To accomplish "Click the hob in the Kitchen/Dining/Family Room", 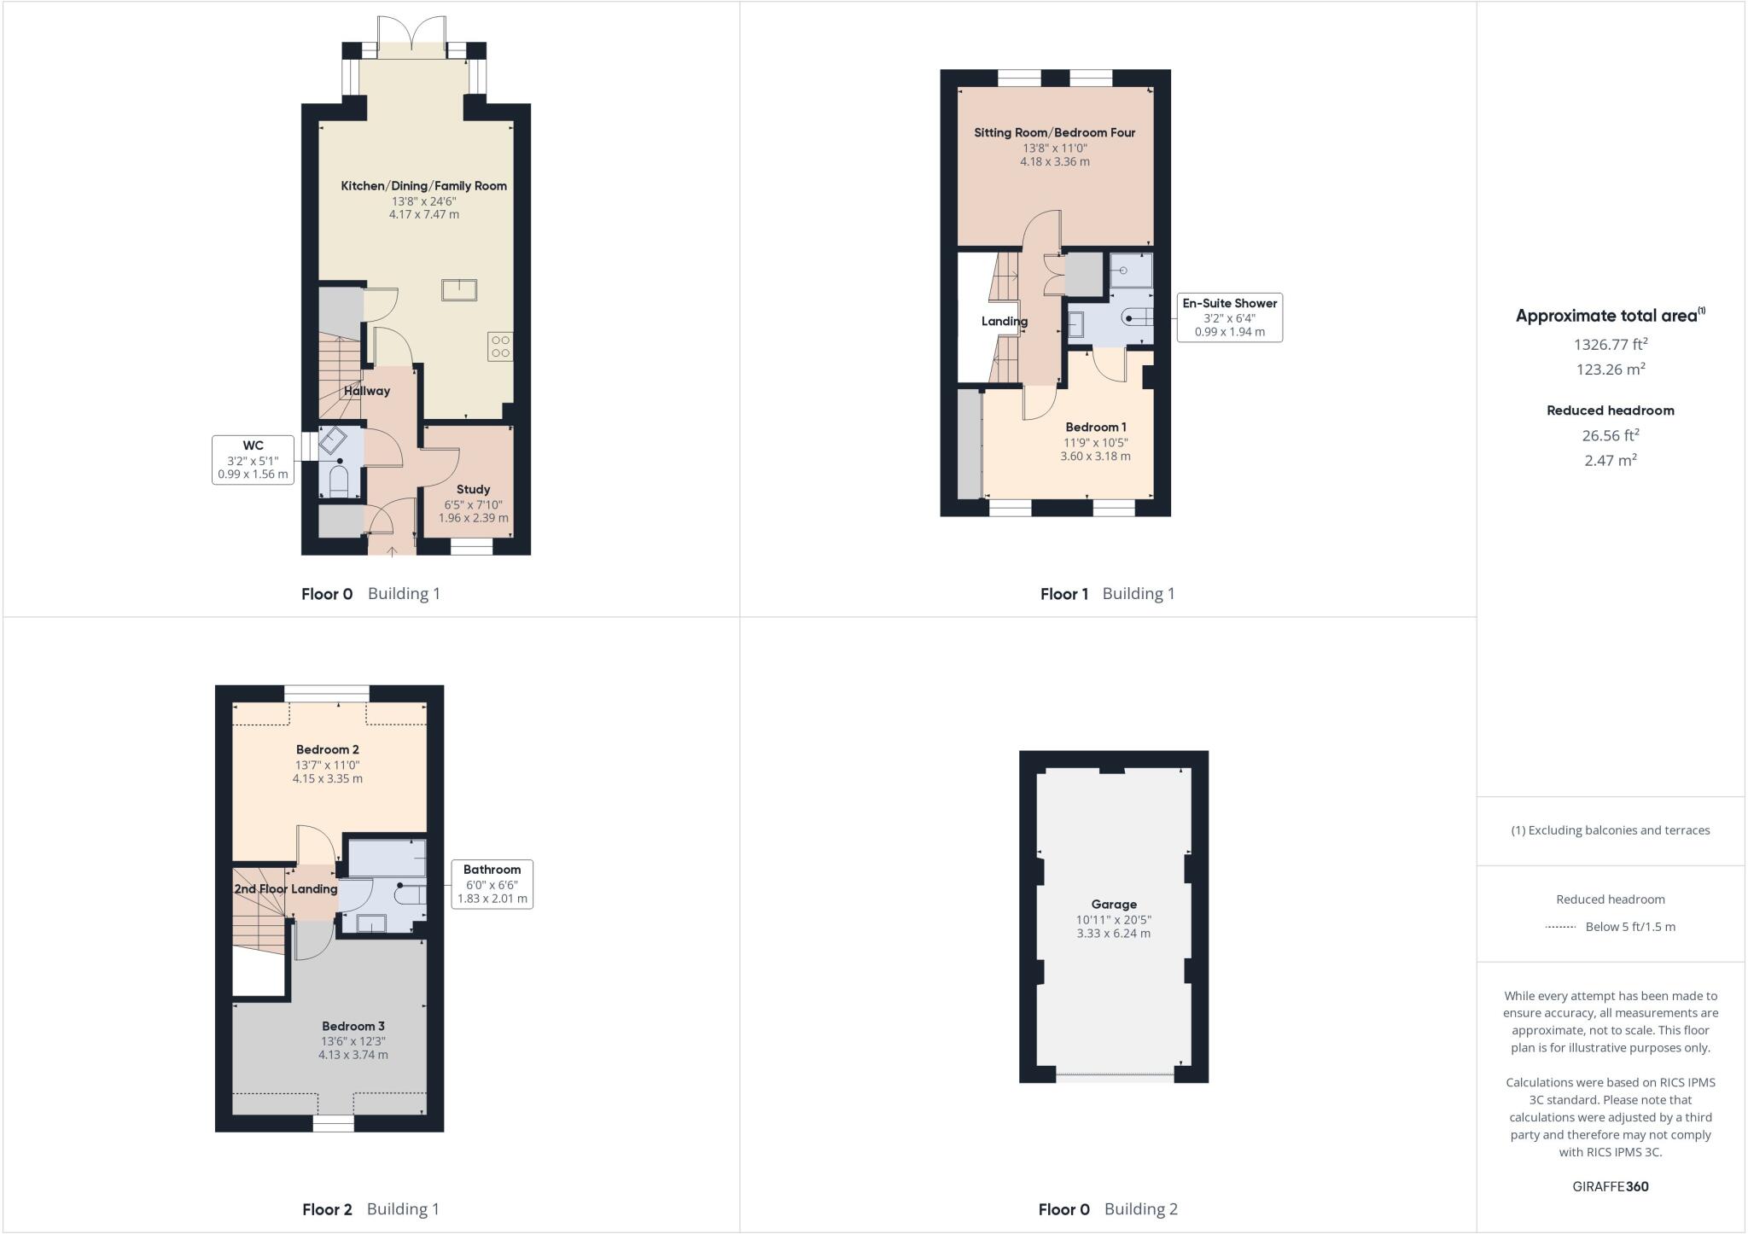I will click(x=500, y=346).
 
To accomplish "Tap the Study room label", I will click(x=473, y=489).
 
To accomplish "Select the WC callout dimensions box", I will click(x=253, y=460).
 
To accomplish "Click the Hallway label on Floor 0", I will click(x=366, y=391).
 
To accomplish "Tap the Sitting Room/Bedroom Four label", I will click(x=1055, y=132).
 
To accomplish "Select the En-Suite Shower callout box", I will click(x=1229, y=317).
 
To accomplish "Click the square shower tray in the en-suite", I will click(x=1131, y=271).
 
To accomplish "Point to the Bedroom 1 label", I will click(x=1096, y=427).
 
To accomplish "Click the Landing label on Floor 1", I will click(x=1004, y=322).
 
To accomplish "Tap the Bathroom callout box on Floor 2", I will click(x=492, y=884).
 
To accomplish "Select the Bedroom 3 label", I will click(x=353, y=1026).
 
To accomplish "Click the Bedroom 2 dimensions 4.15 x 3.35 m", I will click(x=328, y=778).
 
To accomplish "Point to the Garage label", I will click(x=1114, y=904).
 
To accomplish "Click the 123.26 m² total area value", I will click(x=1611, y=370).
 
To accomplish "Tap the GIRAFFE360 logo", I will click(x=1611, y=1186).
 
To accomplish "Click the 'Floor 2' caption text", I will click(x=327, y=1209).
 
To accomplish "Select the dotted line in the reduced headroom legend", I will click(x=1560, y=927).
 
